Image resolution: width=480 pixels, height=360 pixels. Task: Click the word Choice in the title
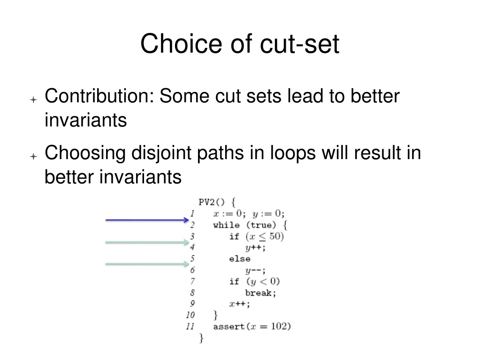point(181,44)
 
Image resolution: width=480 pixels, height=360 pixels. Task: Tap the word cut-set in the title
point(299,44)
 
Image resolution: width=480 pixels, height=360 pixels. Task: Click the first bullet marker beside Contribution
point(33,100)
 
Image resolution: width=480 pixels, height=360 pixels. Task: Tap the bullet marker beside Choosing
point(33,156)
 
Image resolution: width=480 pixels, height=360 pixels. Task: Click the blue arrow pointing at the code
point(147,220)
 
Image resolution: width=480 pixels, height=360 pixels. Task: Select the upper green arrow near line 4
point(147,242)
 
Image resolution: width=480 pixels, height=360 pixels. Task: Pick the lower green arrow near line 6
point(147,264)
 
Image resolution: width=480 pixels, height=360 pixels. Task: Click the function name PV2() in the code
point(212,202)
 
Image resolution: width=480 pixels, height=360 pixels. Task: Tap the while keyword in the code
point(226,225)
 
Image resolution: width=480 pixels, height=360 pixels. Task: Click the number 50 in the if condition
point(275,236)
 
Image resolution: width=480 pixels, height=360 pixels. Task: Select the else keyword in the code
point(240,259)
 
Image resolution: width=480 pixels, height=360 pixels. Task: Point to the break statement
point(260,293)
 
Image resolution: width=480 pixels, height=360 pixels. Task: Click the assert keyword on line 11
point(229,327)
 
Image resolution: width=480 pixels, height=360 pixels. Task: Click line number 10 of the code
point(190,315)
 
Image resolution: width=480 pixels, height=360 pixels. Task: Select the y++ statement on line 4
point(255,248)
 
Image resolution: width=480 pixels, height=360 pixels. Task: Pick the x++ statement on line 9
point(240,304)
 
